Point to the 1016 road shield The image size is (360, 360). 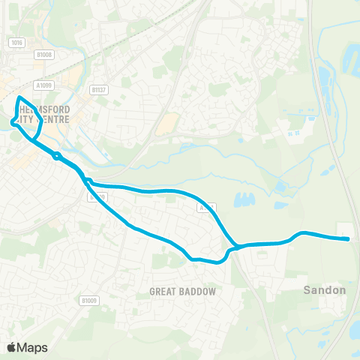[x=16, y=43]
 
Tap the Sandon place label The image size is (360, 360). [x=325, y=289]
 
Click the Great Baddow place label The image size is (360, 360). [x=182, y=291]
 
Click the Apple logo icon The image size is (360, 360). [x=11, y=347]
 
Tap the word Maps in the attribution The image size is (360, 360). [x=32, y=347]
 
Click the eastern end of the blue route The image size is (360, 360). [x=348, y=239]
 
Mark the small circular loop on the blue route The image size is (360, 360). [x=56, y=156]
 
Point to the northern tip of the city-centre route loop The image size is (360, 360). [x=19, y=97]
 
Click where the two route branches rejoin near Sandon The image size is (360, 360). [x=233, y=247]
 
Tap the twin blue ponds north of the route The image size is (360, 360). [x=243, y=200]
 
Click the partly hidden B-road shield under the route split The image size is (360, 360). [x=94, y=196]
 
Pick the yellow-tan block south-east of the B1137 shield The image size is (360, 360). [x=170, y=123]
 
